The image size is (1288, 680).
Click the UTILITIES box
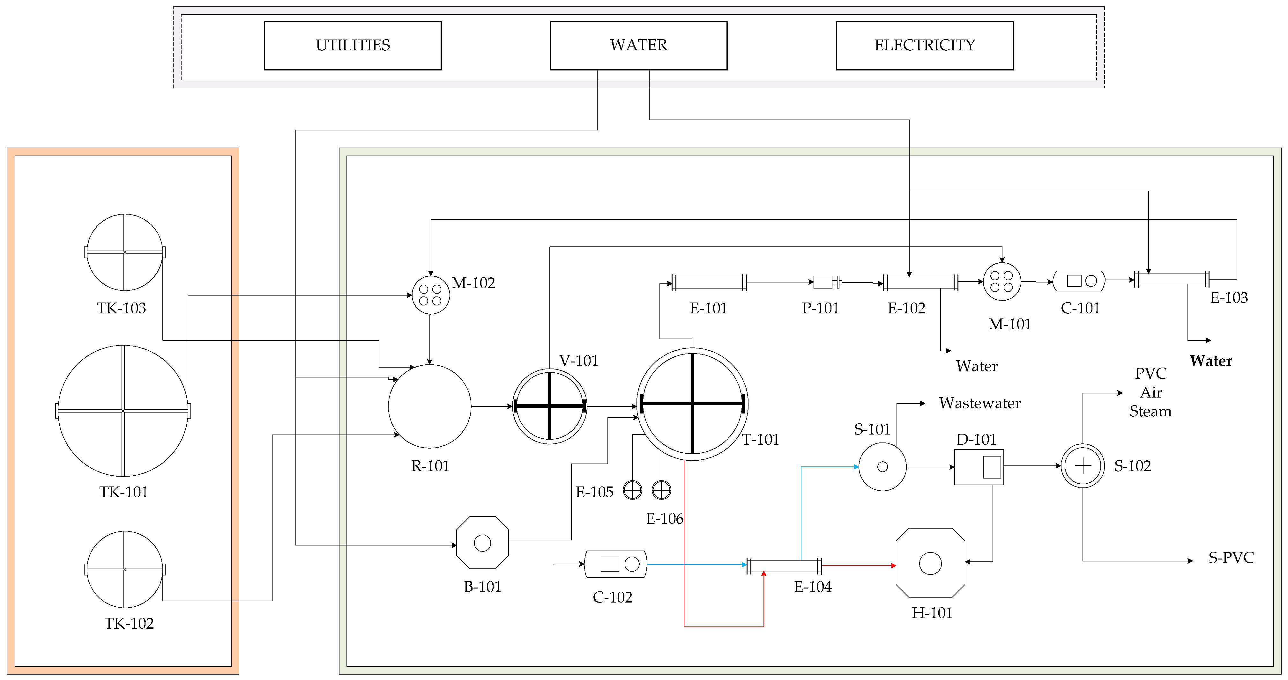353,46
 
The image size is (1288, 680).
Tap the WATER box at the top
638,46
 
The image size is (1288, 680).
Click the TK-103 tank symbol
124,252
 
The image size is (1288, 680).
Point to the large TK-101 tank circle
123,411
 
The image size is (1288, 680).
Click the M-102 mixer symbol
430,295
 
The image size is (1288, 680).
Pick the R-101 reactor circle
429,406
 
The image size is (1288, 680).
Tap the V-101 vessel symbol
549,406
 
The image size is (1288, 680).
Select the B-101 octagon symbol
482,543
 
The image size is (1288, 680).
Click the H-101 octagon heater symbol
930,563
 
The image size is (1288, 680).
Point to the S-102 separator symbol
1083,466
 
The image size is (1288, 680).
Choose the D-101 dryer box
979,467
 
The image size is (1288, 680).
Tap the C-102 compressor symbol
615,564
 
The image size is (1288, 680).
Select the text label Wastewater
979,403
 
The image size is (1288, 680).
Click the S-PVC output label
1231,558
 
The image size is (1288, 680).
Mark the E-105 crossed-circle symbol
632,490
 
